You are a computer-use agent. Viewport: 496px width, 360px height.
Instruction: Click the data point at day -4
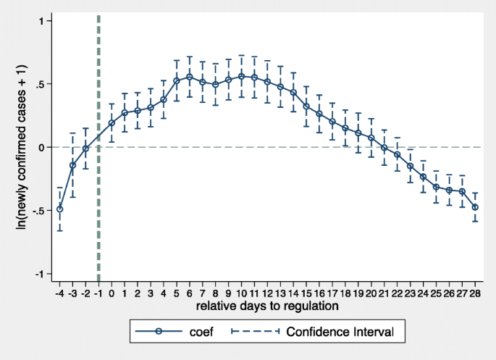(x=59, y=209)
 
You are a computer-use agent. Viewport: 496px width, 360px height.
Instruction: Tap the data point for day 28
(x=475, y=207)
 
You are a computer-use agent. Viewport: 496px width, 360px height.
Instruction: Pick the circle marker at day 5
(x=176, y=80)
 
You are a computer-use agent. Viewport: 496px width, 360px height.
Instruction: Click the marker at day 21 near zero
(x=384, y=148)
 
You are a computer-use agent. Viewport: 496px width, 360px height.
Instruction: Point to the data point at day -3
(x=72, y=165)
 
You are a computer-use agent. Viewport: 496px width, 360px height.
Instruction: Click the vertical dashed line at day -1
(x=98, y=145)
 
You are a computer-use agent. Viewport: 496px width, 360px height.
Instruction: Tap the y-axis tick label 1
(x=43, y=21)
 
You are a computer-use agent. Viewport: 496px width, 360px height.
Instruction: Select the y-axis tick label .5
(x=41, y=84)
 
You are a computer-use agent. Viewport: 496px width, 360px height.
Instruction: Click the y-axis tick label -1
(x=41, y=274)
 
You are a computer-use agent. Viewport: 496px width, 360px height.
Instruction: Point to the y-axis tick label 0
(x=43, y=147)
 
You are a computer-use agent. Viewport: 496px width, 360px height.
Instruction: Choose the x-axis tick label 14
(x=293, y=293)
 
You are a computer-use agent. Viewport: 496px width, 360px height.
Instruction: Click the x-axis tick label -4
(x=59, y=293)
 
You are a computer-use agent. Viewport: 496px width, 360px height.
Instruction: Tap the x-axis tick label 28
(x=475, y=293)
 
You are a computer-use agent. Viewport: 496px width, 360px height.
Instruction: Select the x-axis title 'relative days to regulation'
(x=267, y=306)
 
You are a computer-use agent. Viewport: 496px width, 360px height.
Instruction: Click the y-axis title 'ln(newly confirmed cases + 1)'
(x=22, y=147)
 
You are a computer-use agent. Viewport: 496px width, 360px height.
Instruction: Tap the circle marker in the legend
(x=159, y=332)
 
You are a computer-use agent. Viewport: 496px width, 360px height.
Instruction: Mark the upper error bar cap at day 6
(x=189, y=56)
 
